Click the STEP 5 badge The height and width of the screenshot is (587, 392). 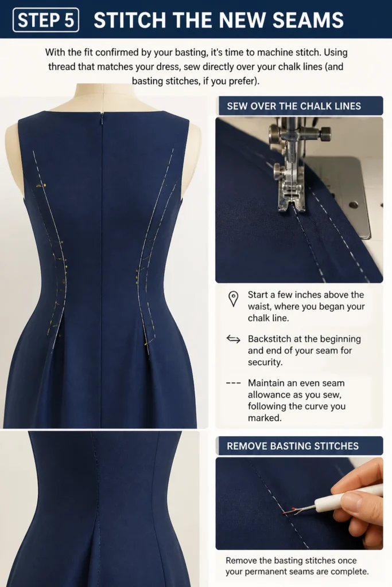tap(46, 20)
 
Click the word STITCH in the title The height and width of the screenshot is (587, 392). tap(130, 20)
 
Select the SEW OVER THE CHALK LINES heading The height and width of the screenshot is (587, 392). tap(294, 106)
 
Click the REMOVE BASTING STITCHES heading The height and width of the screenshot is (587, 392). tap(292, 446)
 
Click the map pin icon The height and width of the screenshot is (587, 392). tap(233, 299)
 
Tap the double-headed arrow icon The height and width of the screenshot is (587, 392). tap(233, 339)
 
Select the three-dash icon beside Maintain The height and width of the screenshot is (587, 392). tap(233, 383)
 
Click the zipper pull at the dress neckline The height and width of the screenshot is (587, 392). tap(102, 119)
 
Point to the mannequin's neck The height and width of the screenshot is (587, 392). tap(104, 96)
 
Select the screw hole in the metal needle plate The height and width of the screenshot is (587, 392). tap(352, 205)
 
